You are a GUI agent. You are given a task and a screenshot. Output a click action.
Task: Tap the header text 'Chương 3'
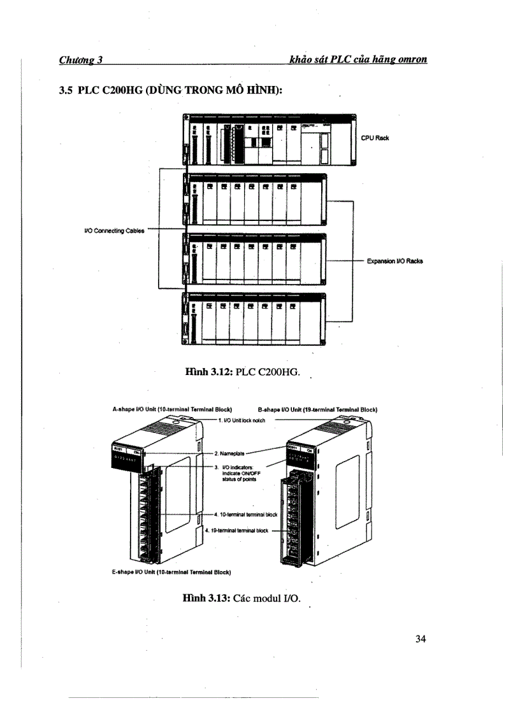[81, 60]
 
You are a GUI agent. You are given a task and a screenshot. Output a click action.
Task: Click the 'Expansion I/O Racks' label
[395, 261]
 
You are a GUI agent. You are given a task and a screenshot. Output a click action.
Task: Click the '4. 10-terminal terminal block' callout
[245, 514]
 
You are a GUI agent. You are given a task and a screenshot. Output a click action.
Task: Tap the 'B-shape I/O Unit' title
[317, 409]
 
